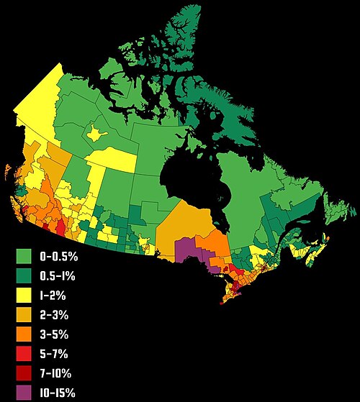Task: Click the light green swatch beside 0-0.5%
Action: click(x=24, y=256)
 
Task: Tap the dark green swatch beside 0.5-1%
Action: click(x=24, y=275)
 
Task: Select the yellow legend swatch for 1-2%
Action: click(x=24, y=295)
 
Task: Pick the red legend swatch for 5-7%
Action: click(x=24, y=353)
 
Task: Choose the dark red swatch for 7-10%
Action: click(x=24, y=373)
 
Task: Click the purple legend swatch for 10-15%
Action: click(x=24, y=393)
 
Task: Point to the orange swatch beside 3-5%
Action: click(x=24, y=334)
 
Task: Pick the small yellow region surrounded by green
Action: click(x=95, y=133)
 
